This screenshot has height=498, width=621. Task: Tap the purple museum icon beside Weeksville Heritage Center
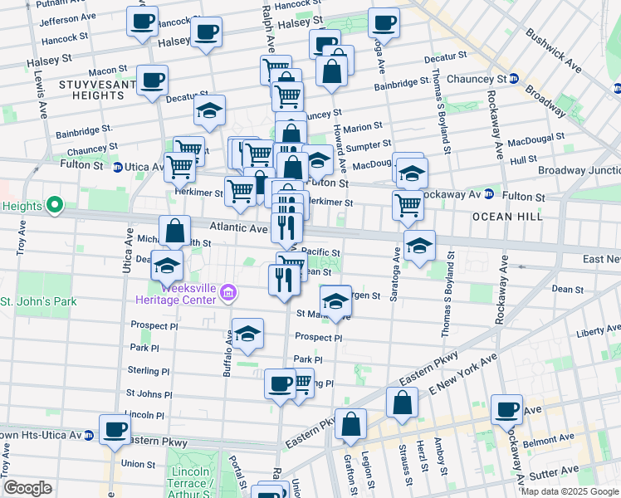pos(228,292)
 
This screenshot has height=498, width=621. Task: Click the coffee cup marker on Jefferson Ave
pos(142,20)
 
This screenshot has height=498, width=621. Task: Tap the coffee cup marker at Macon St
pos(152,81)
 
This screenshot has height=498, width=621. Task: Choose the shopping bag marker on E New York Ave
pos(403,403)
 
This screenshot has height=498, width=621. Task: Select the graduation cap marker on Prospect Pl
pos(247,334)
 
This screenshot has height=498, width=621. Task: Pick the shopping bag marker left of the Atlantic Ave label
pos(175,231)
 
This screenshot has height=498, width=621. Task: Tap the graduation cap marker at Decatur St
pos(210,110)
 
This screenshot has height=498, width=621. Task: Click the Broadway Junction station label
pos(578,170)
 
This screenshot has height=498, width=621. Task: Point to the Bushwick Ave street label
pos(555,48)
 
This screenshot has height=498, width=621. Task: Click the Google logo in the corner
pos(27,488)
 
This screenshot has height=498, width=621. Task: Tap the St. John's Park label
pos(38,301)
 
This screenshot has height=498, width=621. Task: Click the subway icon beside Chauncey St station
pos(514,79)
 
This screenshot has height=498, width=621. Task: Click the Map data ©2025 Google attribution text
pos(570,491)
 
